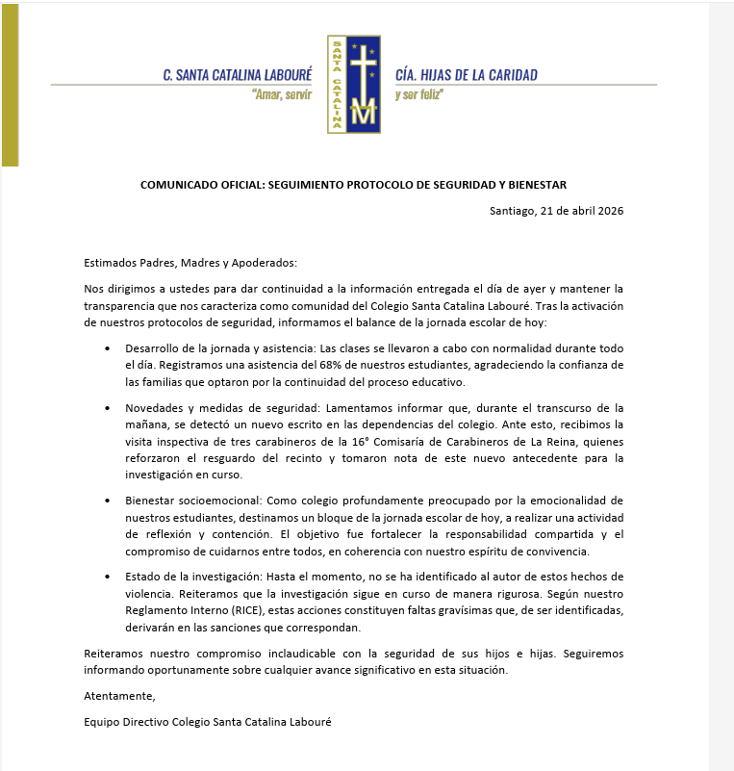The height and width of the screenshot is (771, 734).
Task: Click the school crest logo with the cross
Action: pos(353,84)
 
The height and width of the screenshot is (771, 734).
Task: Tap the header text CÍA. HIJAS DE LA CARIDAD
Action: pos(467,75)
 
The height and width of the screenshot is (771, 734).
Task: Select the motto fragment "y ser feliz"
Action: pos(419,95)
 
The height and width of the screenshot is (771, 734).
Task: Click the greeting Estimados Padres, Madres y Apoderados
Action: pos(190,263)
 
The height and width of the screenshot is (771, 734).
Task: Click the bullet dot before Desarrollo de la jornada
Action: pos(108,347)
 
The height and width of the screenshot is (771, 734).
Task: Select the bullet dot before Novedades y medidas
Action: pos(108,408)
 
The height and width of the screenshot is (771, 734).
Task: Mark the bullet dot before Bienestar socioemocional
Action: pos(108,501)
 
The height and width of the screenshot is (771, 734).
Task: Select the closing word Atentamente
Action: pos(119,695)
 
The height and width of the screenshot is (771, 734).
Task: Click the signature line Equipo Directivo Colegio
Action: pos(207,721)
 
